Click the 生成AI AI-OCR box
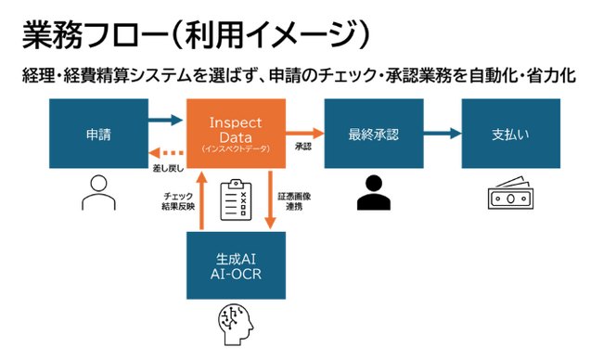tap(235, 264)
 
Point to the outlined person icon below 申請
tap(96, 195)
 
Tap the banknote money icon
tap(511, 197)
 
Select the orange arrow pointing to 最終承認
tap(303, 133)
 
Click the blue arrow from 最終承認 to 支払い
tap(442, 133)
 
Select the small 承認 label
tap(303, 147)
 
